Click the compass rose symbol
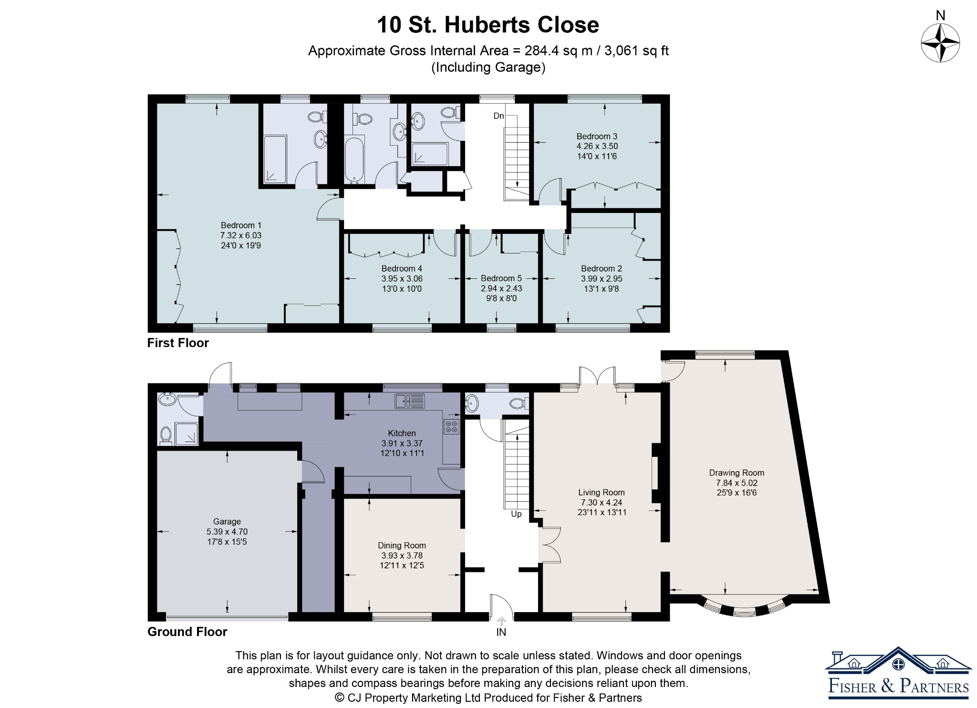point(940,43)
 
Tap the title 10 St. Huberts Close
point(488,25)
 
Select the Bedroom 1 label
point(241,225)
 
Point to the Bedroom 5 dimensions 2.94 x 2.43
point(501,288)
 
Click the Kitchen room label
point(402,433)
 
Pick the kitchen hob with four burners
point(451,426)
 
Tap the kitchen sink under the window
point(410,401)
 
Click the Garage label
point(227,521)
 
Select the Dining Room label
point(402,545)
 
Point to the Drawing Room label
point(737,473)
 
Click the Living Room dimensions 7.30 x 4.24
point(602,502)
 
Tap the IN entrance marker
point(501,632)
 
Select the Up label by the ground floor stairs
point(516,514)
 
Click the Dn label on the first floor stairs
point(499,116)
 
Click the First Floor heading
point(178,343)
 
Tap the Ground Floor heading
point(187,632)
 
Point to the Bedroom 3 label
point(597,136)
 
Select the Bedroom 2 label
point(602,268)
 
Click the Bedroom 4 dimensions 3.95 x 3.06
point(402,278)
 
